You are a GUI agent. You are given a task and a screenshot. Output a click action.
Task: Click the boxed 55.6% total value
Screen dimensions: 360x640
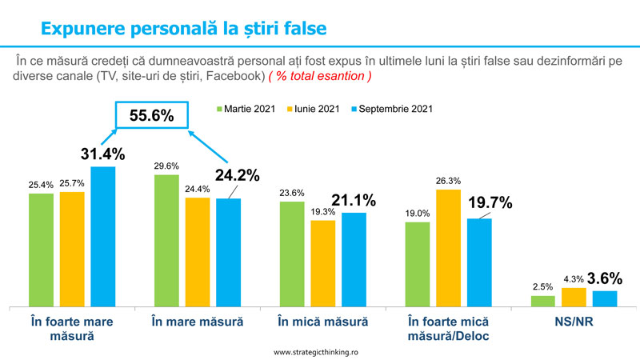tap(152, 115)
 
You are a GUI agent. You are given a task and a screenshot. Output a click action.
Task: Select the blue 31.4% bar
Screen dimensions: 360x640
tap(102, 237)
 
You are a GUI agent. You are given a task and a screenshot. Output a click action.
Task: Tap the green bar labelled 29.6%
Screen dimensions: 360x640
tap(166, 241)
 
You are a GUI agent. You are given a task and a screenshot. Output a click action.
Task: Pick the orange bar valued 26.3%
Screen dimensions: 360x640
tap(448, 248)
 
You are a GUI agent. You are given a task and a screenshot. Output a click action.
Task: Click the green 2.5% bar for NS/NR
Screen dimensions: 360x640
tap(542, 302)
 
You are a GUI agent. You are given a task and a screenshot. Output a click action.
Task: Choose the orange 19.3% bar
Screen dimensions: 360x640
tap(322, 263)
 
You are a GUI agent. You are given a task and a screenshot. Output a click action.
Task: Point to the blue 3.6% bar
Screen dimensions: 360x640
tap(604, 298)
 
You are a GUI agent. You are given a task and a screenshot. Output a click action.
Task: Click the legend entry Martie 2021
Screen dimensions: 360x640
tap(248, 109)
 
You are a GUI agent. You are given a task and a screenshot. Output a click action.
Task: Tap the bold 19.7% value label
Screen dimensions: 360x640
tap(489, 202)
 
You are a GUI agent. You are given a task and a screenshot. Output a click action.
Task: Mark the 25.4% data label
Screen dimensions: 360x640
tap(40, 185)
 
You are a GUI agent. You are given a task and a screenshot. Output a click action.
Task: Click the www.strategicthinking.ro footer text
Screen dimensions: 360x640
tap(320, 352)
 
